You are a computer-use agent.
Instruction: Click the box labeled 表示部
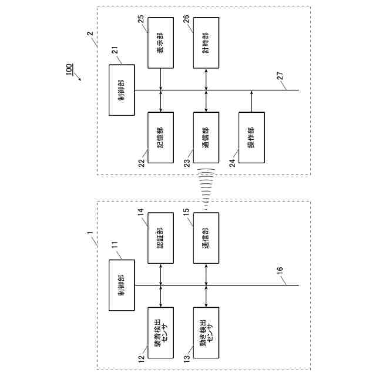(160, 42)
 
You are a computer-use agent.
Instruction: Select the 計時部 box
(206, 42)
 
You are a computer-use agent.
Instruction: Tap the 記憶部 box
(160, 137)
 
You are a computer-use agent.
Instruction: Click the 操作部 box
(251, 137)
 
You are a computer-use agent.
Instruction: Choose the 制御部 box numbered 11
(121, 285)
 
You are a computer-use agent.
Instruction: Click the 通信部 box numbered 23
(206, 137)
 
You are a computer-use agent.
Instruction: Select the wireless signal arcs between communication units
(206, 188)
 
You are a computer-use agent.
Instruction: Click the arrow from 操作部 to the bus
(251, 100)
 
